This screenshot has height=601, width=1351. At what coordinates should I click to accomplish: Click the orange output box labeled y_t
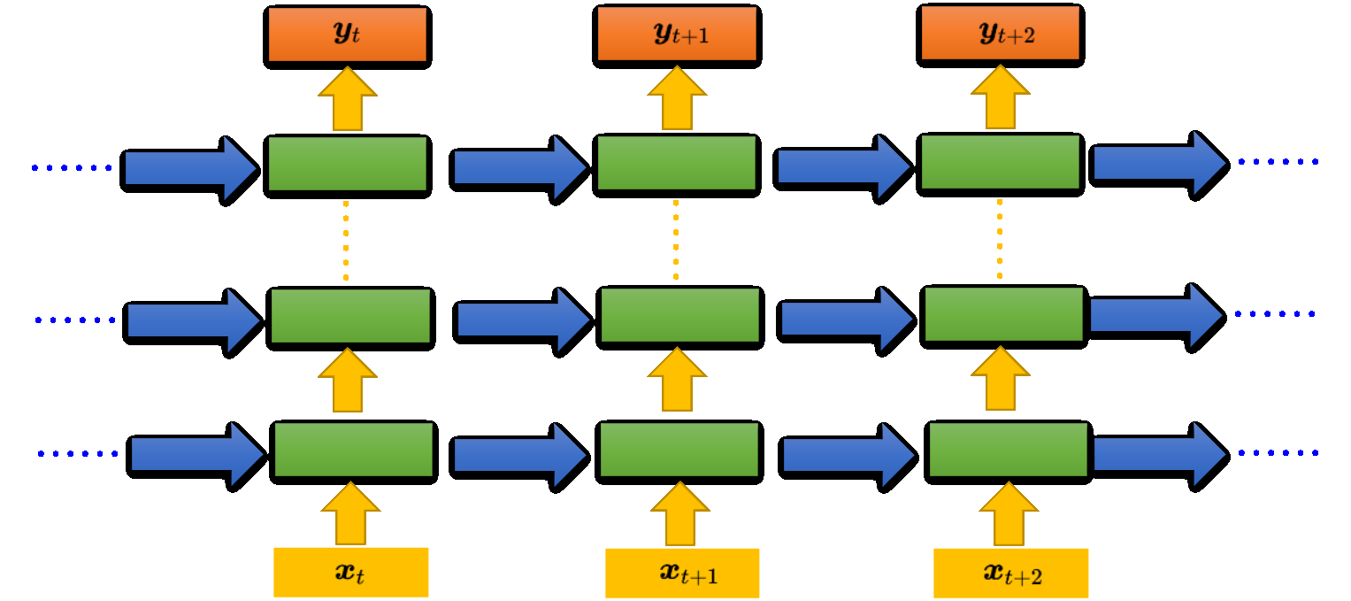347,36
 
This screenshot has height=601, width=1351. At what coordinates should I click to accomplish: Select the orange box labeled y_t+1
676,35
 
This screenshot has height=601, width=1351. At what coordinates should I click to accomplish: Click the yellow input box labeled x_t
350,572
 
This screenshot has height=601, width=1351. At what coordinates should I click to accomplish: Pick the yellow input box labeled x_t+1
681,573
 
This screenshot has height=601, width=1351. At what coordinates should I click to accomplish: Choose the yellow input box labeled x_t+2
1010,574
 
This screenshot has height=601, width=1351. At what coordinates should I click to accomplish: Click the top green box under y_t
347,165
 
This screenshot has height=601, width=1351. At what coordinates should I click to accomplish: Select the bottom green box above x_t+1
679,451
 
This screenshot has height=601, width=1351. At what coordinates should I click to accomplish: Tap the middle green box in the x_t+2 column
1003,314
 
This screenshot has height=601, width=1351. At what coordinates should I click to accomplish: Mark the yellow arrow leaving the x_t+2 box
1009,514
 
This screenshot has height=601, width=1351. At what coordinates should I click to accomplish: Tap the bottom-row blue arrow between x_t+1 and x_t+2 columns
845,454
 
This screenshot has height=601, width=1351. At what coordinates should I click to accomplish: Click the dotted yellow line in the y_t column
346,241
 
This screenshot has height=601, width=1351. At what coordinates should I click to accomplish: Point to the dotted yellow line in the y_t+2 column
1000,239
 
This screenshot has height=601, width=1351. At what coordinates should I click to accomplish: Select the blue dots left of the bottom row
78,454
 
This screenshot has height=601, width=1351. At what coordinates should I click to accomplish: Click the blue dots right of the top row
1278,162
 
